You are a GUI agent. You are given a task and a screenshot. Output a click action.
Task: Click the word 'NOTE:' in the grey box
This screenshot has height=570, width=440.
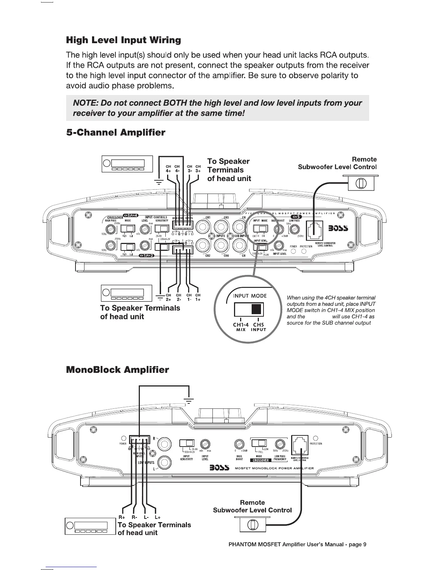pos(86,103)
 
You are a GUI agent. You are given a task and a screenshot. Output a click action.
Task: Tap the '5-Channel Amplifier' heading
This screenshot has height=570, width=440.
pos(115,133)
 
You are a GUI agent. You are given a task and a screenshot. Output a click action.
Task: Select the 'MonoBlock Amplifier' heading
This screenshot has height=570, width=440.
pos(117,370)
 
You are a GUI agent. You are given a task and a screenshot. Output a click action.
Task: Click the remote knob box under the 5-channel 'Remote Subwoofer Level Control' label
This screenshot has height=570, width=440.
pos(361,184)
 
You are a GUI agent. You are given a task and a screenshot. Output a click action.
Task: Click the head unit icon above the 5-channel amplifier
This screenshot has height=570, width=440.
pos(127,164)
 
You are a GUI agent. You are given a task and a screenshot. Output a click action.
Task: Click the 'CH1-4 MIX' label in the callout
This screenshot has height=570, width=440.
pos(240,327)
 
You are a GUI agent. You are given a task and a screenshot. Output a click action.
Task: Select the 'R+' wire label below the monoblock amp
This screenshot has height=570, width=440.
pos(122,517)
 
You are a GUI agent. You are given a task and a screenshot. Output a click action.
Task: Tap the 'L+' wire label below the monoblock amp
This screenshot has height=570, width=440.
pos(157,517)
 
